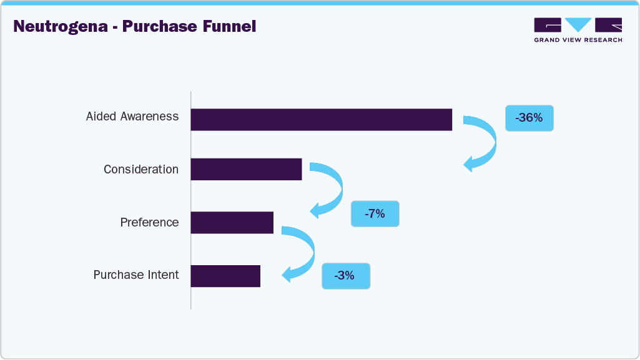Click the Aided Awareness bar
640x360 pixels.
pyautogui.click(x=321, y=119)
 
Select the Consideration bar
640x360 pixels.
pyautogui.click(x=246, y=169)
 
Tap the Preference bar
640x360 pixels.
pyautogui.click(x=232, y=222)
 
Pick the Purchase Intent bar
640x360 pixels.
pyautogui.click(x=225, y=276)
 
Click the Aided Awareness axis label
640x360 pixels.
pyautogui.click(x=132, y=117)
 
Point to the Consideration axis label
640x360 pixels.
pyautogui.click(x=141, y=170)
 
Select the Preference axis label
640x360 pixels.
pyautogui.click(x=149, y=223)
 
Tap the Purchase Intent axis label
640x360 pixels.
pyautogui.click(x=136, y=275)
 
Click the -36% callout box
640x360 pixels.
pyautogui.click(x=529, y=117)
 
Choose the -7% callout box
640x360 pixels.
pyautogui.click(x=375, y=214)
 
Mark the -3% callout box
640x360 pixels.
pyautogui.click(x=345, y=276)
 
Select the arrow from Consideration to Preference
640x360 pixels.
pyautogui.click(x=332, y=189)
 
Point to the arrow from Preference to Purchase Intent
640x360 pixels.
pyautogui.click(x=304, y=253)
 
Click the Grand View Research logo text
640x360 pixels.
pyautogui.click(x=578, y=40)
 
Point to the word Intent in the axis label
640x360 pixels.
pyautogui.click(x=162, y=275)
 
